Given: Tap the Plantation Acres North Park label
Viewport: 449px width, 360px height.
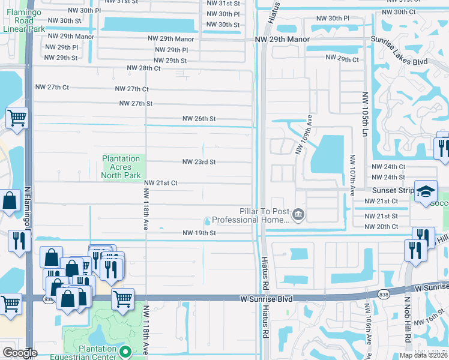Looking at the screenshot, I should pyautogui.click(x=121, y=167).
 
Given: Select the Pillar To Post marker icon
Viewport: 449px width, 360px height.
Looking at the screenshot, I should pyautogui.click(x=298, y=214).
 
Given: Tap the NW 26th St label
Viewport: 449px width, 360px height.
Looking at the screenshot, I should pyautogui.click(x=199, y=119).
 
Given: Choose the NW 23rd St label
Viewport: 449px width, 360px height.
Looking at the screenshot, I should pyautogui.click(x=199, y=162).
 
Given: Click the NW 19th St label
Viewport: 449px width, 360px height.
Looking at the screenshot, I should pyautogui.click(x=199, y=233).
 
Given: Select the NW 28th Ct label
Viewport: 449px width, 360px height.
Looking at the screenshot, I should pyautogui.click(x=143, y=68).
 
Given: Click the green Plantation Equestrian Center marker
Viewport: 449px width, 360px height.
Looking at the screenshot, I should pyautogui.click(x=125, y=351).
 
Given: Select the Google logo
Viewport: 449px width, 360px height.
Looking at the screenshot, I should pyautogui.click(x=20, y=353).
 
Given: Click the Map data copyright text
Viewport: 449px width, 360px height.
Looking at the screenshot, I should pyautogui.click(x=423, y=355).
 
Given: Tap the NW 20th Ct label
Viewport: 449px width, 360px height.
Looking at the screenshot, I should pyautogui.click(x=381, y=226).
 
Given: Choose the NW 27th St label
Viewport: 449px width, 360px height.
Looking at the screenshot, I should pyautogui.click(x=136, y=103).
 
